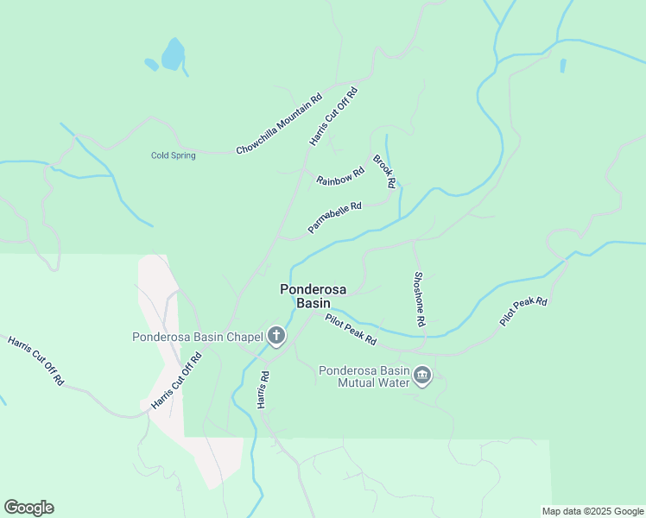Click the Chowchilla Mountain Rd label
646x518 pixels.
pos(279,124)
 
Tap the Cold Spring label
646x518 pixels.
pos(174,155)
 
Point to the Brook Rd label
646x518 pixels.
pos(384,171)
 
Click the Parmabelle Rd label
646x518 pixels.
pos(334,218)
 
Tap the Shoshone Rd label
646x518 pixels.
pos(419,299)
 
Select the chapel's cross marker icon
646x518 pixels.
pos(276,336)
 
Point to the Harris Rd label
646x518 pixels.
pos(263,389)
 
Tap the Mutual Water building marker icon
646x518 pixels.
pos(422,376)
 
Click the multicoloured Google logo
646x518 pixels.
pos(28,508)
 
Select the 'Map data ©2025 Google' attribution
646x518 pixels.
pos(592,511)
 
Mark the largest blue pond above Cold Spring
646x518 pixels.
pos(173,54)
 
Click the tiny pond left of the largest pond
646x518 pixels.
pos(151,64)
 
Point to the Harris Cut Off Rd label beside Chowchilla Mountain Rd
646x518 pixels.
pos(333,116)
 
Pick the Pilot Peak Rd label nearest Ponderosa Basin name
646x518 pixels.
pos(351,330)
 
